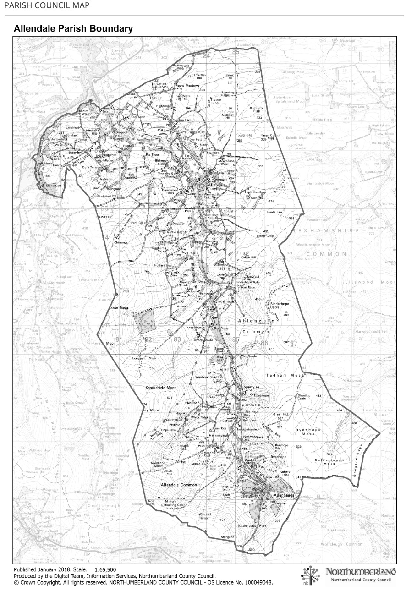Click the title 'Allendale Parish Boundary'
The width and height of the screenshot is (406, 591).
tap(73, 29)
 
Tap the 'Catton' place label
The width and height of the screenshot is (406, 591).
tap(164, 130)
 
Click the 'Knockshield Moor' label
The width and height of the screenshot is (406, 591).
tap(160, 388)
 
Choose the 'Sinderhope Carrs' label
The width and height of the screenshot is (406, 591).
tap(281, 306)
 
